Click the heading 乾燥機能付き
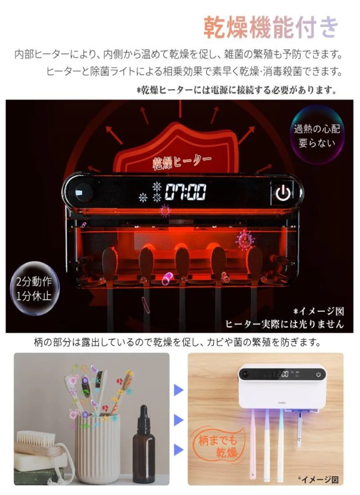pyautogui.click(x=271, y=27)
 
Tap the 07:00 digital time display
pyautogui.click(x=186, y=191)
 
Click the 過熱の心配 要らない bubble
pyautogui.click(x=317, y=136)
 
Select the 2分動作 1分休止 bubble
pyautogui.click(x=34, y=288)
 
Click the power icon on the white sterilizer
pyautogui.click(x=318, y=375)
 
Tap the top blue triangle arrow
pyautogui.click(x=179, y=391)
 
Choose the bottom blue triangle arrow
pyautogui.click(x=179, y=449)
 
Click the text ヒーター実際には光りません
pyautogui.click(x=284, y=324)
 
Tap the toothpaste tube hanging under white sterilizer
pyautogui.click(x=299, y=430)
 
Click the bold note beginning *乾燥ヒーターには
pyautogui.click(x=237, y=91)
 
